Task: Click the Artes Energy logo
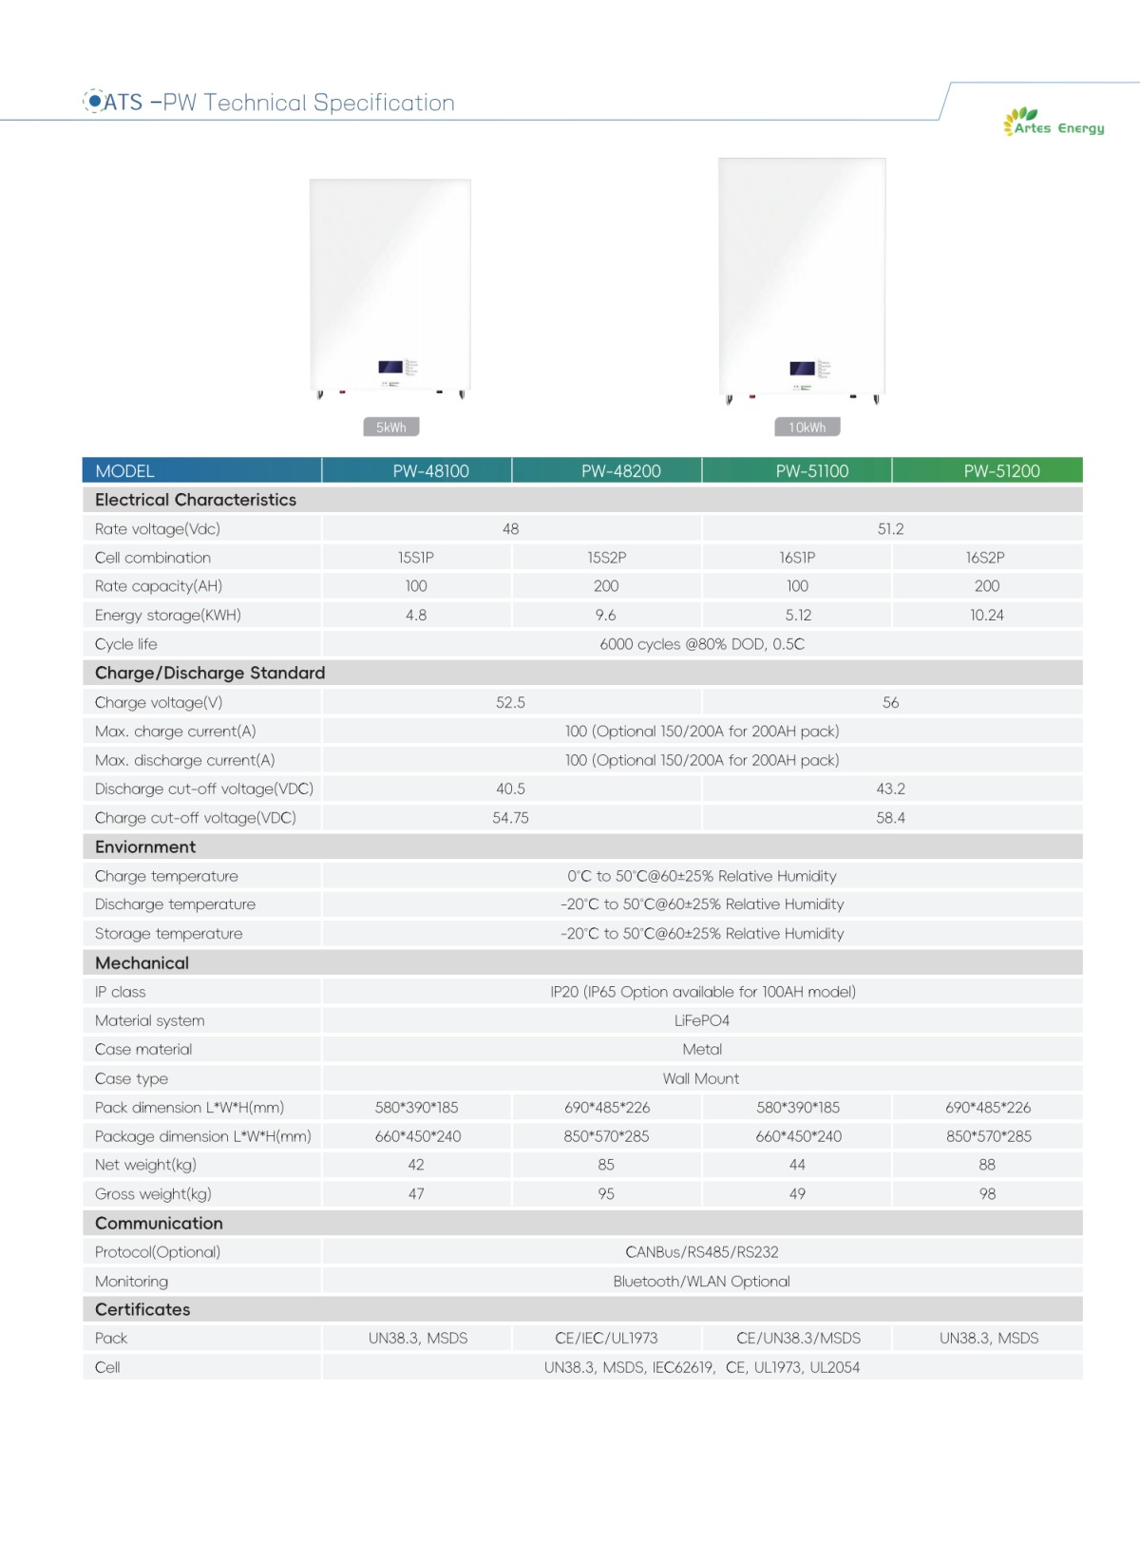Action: (x=1054, y=123)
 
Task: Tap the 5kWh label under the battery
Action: (x=391, y=428)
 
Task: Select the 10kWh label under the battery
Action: (x=807, y=428)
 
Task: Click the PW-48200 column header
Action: (x=620, y=471)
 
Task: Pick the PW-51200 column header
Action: (x=1001, y=471)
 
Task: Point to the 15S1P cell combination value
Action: (x=416, y=558)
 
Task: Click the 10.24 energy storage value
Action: (x=987, y=616)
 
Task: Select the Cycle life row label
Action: (x=126, y=644)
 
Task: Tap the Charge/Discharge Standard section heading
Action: (x=210, y=673)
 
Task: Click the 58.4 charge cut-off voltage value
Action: (x=890, y=818)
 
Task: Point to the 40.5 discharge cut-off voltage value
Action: (x=510, y=789)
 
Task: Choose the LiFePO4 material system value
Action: (x=702, y=1020)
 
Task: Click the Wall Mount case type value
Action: (x=701, y=1078)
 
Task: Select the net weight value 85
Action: (x=606, y=1165)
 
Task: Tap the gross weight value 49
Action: (x=797, y=1194)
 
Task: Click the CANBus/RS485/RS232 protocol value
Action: (x=702, y=1252)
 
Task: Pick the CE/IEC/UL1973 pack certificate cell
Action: (x=606, y=1338)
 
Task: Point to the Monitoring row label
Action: (x=131, y=1282)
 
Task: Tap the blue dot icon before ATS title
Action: (x=94, y=101)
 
